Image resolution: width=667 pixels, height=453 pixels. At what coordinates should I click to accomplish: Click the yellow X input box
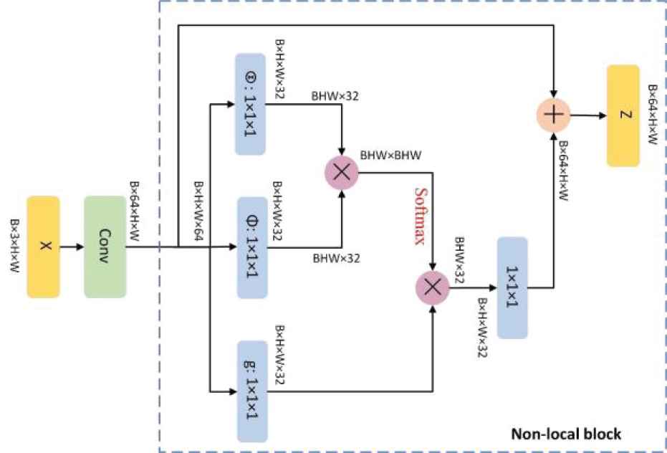[43, 247]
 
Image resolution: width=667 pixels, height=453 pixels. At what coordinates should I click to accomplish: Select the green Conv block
[105, 247]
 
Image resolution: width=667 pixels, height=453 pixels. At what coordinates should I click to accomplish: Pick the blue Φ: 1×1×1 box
[251, 247]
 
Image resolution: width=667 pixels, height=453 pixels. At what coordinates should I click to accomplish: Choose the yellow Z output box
[628, 115]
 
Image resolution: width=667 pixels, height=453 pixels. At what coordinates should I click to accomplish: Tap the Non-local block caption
[565, 434]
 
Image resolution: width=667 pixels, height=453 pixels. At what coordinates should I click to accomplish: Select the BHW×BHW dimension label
[390, 154]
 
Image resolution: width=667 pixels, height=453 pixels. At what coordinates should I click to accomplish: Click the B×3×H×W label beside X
[15, 247]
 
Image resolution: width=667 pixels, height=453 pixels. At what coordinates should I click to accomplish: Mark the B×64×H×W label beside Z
[653, 115]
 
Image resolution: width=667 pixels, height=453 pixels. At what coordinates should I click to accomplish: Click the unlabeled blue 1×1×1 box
[512, 287]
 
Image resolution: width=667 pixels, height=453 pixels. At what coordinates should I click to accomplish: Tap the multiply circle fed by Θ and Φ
[341, 173]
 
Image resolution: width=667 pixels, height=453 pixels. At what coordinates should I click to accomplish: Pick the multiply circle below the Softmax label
[432, 287]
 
